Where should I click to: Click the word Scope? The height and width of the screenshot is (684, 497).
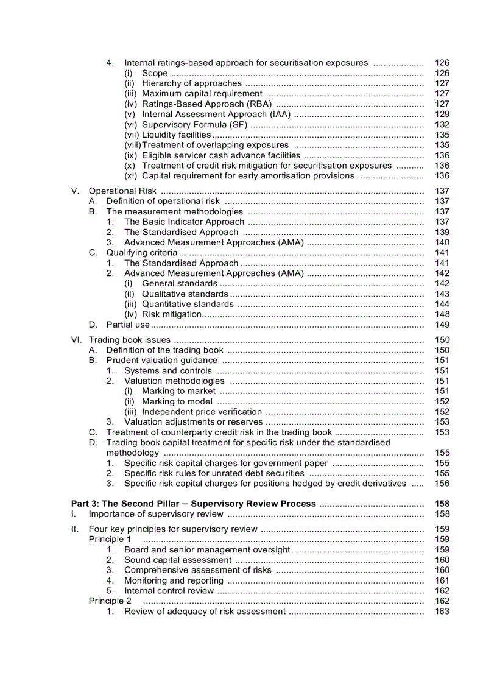pyautogui.click(x=155, y=73)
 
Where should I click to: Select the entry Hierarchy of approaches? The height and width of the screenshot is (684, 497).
pyautogui.click(x=192, y=83)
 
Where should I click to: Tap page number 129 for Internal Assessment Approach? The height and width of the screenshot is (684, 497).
pyautogui.click(x=442, y=114)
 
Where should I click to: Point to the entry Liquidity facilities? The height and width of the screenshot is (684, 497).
pyautogui.click(x=176, y=135)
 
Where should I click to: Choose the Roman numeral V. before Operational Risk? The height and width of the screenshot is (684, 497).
pyautogui.click(x=76, y=191)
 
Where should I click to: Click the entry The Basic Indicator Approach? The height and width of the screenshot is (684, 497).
pyautogui.click(x=184, y=222)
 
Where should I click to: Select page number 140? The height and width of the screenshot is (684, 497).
pyautogui.click(x=442, y=242)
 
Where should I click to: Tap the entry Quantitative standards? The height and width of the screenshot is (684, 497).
pyautogui.click(x=188, y=304)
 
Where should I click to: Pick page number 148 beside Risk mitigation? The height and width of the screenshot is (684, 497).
pyautogui.click(x=442, y=314)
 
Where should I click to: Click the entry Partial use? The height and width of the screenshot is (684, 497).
pyautogui.click(x=127, y=325)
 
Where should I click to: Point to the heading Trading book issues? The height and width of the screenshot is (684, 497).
pyautogui.click(x=130, y=340)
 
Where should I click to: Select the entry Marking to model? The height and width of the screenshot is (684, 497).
pyautogui.click(x=178, y=401)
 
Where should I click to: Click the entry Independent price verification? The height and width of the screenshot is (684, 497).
pyautogui.click(x=202, y=412)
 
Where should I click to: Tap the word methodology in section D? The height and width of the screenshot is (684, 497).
pyautogui.click(x=132, y=453)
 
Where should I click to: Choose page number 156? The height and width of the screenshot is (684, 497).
pyautogui.click(x=442, y=483)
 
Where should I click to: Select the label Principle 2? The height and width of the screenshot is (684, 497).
pyautogui.click(x=110, y=601)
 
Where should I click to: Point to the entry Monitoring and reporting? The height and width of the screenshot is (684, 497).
pyautogui.click(x=174, y=580)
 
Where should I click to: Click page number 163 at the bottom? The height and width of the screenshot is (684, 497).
pyautogui.click(x=442, y=611)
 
